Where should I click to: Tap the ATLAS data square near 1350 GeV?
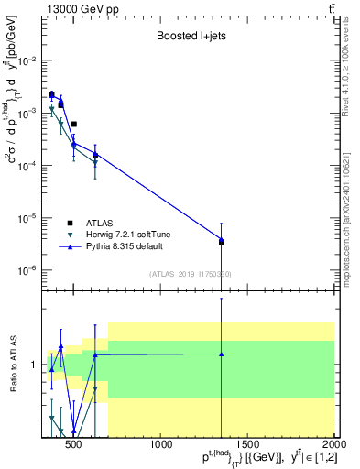(221, 242)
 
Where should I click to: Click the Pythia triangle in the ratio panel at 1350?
(221, 354)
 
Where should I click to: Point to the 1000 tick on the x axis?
(161, 438)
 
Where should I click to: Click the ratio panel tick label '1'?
(35, 365)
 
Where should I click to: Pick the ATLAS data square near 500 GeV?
(74, 124)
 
